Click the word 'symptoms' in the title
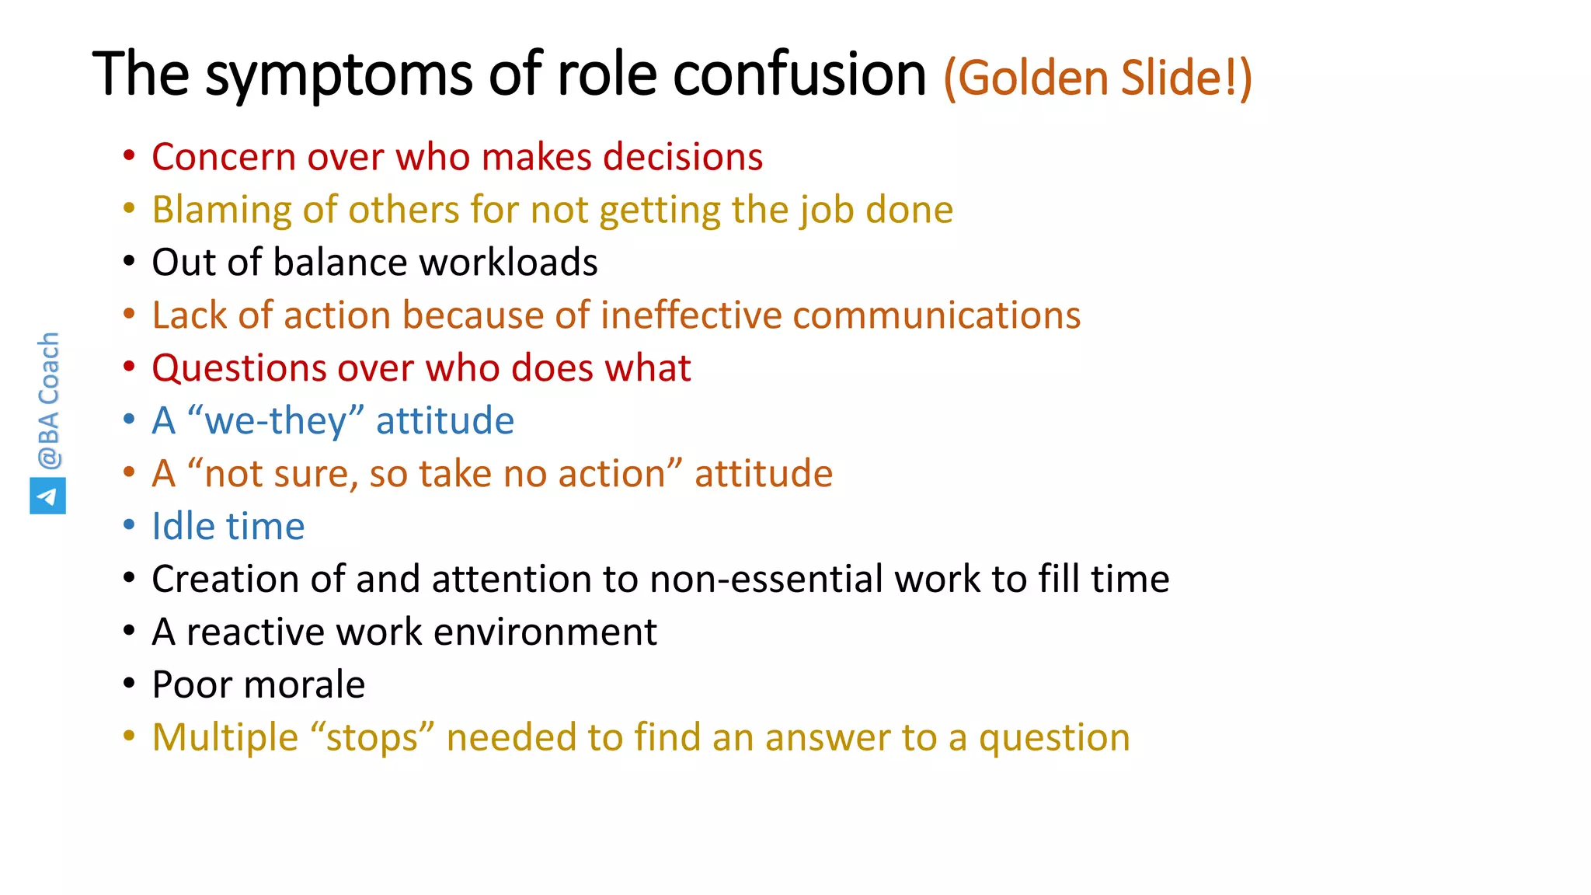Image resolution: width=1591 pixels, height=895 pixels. click(339, 76)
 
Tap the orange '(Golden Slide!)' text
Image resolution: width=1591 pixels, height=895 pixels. click(1097, 78)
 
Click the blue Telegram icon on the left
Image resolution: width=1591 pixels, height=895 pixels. click(47, 496)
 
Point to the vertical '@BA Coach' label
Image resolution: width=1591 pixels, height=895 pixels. click(48, 401)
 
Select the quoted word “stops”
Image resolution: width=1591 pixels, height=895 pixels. click(372, 738)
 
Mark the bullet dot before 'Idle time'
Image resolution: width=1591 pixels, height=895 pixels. click(129, 526)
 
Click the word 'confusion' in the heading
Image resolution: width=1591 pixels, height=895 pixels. click(799, 76)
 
